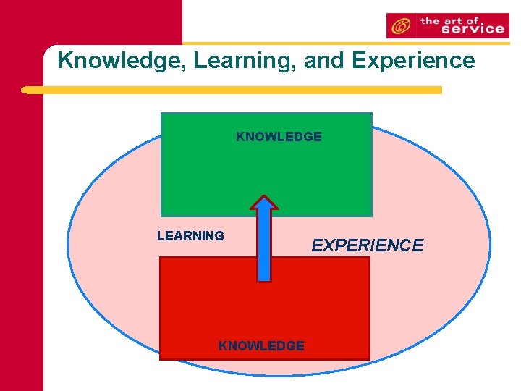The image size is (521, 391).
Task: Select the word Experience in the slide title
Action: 413,60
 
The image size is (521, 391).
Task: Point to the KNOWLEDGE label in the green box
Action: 279,136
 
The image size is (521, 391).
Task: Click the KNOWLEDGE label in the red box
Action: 261,346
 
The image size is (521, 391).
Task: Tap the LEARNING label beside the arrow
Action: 190,235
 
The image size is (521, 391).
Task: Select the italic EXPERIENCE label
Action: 367,245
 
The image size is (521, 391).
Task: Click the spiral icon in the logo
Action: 401,27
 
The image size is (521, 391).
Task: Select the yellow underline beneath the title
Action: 232,91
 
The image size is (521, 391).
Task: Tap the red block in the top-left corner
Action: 90,22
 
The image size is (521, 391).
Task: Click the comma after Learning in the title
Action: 298,67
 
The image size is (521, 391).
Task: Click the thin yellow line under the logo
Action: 347,43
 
